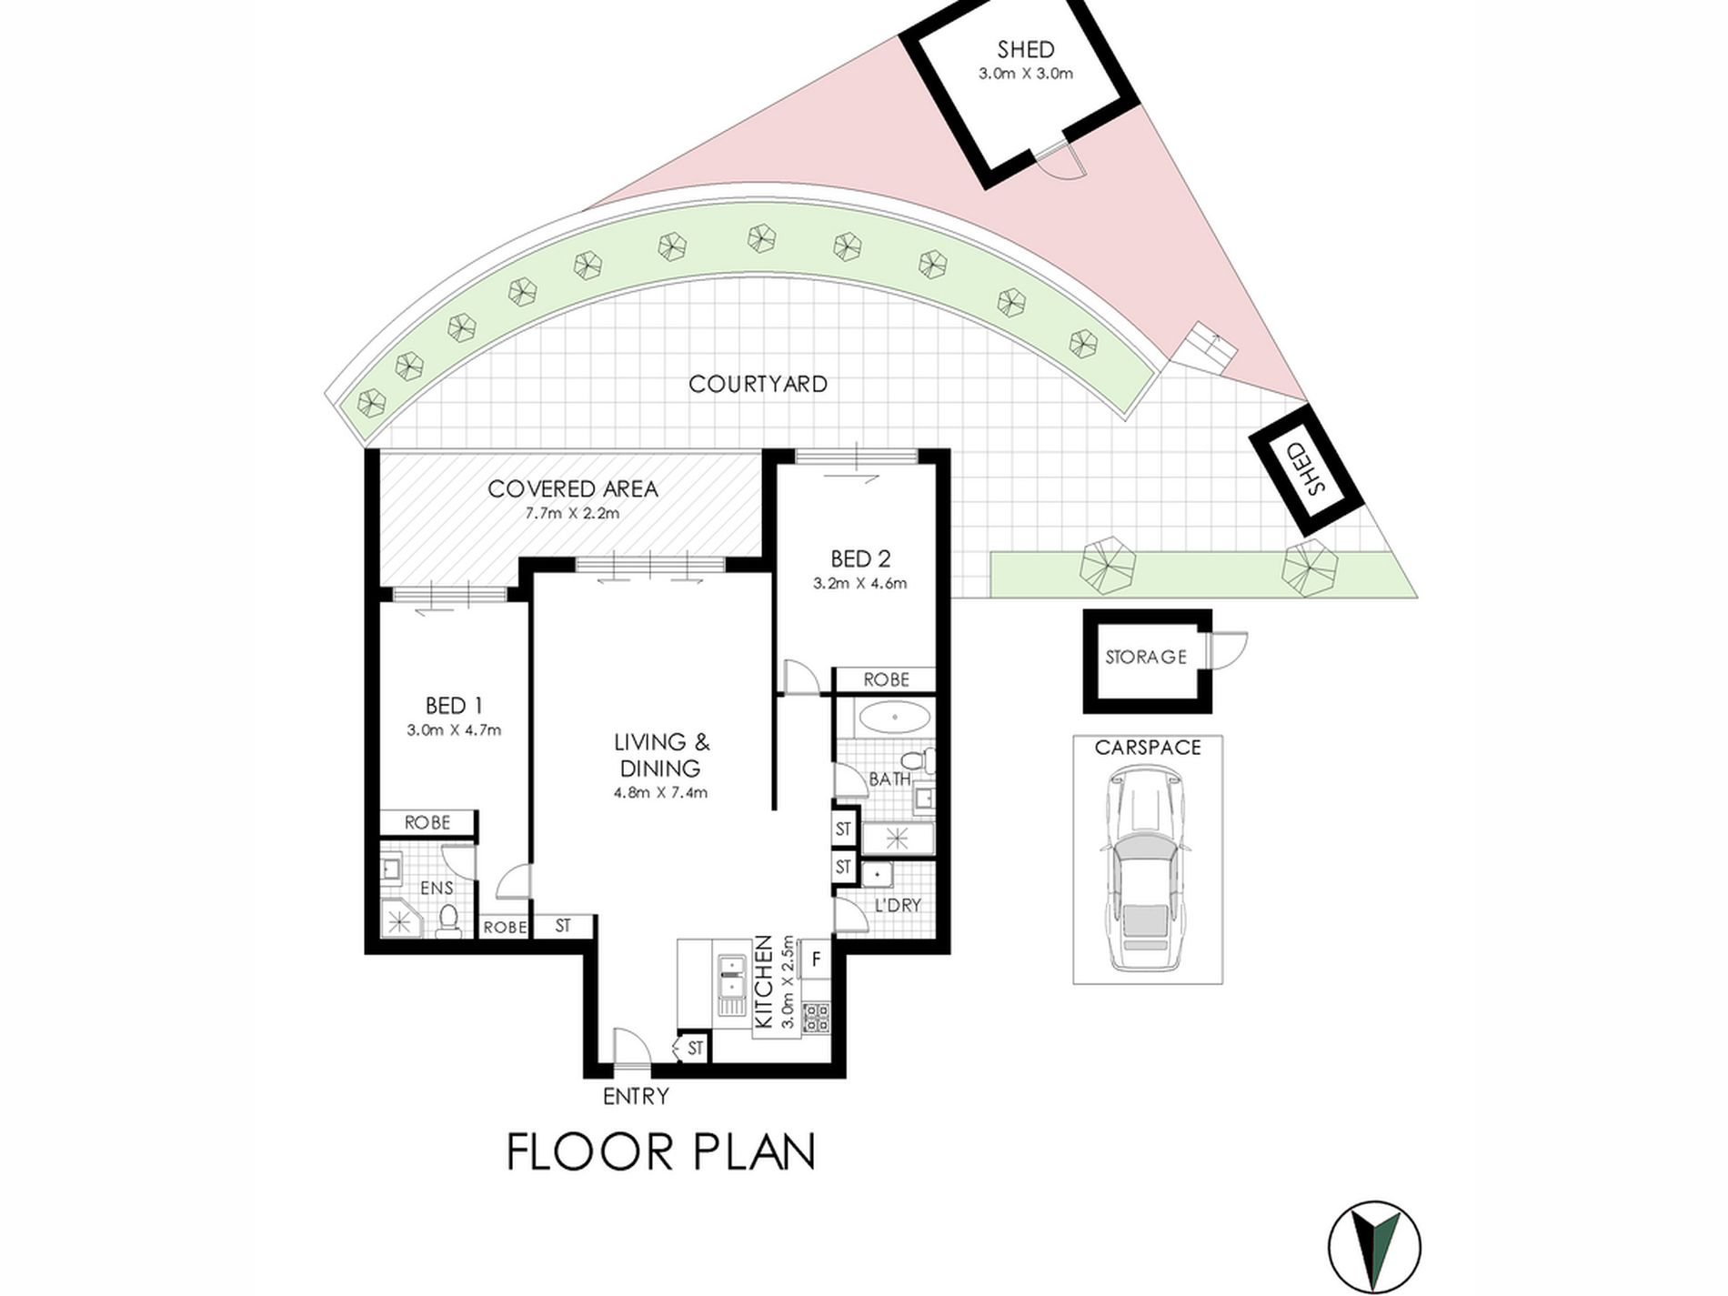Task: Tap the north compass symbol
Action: point(1374,1247)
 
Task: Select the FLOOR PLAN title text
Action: point(660,1151)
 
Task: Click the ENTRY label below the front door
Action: point(636,1097)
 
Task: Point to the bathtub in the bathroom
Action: point(895,718)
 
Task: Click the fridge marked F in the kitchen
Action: point(816,959)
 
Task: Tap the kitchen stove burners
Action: point(816,1016)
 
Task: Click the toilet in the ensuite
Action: point(447,920)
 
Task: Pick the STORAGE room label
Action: point(1146,657)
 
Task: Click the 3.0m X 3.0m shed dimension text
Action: point(1026,74)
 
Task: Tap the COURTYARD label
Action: point(758,384)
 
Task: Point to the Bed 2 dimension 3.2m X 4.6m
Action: point(859,583)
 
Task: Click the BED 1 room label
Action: point(454,706)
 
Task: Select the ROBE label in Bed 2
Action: point(887,679)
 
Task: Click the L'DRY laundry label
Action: point(898,906)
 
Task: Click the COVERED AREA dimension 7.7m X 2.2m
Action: point(572,513)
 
